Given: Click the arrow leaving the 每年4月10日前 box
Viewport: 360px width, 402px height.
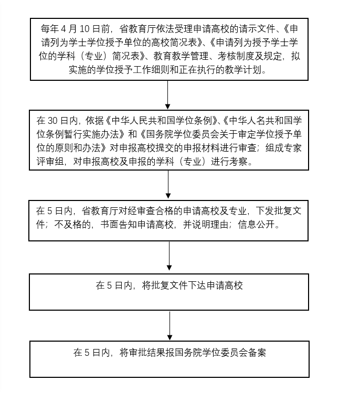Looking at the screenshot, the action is point(168,95).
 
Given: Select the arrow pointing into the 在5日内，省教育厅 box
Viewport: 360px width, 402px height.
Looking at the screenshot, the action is point(168,184).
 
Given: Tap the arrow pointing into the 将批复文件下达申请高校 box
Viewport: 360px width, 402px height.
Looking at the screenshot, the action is point(169,256).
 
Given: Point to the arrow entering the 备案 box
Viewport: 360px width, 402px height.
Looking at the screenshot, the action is point(170,325).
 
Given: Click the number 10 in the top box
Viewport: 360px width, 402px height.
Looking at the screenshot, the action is point(84,29).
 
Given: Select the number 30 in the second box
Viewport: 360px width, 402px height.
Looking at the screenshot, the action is point(53,121).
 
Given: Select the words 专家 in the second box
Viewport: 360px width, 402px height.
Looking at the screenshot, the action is point(292,147).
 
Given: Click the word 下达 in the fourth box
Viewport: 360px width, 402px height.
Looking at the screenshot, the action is point(197,285).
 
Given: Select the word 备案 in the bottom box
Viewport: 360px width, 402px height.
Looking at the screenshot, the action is point(257,353).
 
